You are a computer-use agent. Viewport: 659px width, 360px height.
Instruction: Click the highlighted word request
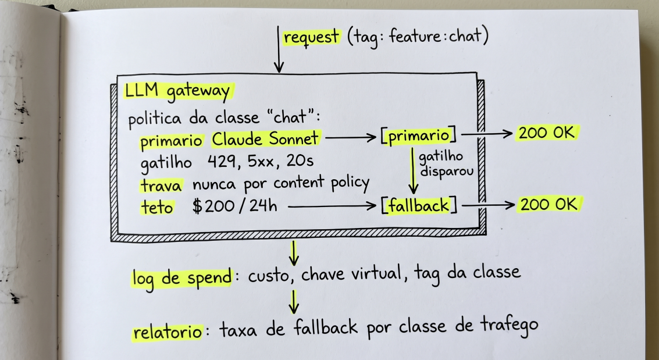tap(311, 38)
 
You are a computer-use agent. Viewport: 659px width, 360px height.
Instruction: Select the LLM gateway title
tap(178, 92)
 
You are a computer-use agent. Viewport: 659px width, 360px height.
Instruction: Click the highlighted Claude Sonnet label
tap(266, 138)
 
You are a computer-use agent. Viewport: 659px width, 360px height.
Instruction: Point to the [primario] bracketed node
tap(419, 136)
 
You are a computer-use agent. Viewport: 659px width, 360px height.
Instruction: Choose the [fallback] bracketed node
tap(419, 206)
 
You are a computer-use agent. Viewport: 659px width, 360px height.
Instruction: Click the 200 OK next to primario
tap(546, 133)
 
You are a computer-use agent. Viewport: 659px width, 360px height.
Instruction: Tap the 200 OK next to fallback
tap(548, 205)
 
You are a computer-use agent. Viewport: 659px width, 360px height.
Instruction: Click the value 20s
tap(300, 161)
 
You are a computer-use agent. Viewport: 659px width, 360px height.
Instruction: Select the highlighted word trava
tap(161, 186)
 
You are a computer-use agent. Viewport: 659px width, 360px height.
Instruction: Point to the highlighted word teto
tap(157, 207)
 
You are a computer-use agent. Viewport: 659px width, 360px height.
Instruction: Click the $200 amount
tap(215, 206)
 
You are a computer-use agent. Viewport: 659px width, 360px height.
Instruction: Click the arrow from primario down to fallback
tap(413, 170)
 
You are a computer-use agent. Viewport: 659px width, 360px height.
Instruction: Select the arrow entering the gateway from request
tap(278, 49)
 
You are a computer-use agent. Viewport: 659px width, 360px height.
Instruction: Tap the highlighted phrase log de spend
tap(181, 277)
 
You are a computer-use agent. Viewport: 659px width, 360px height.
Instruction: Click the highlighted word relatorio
tap(168, 332)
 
